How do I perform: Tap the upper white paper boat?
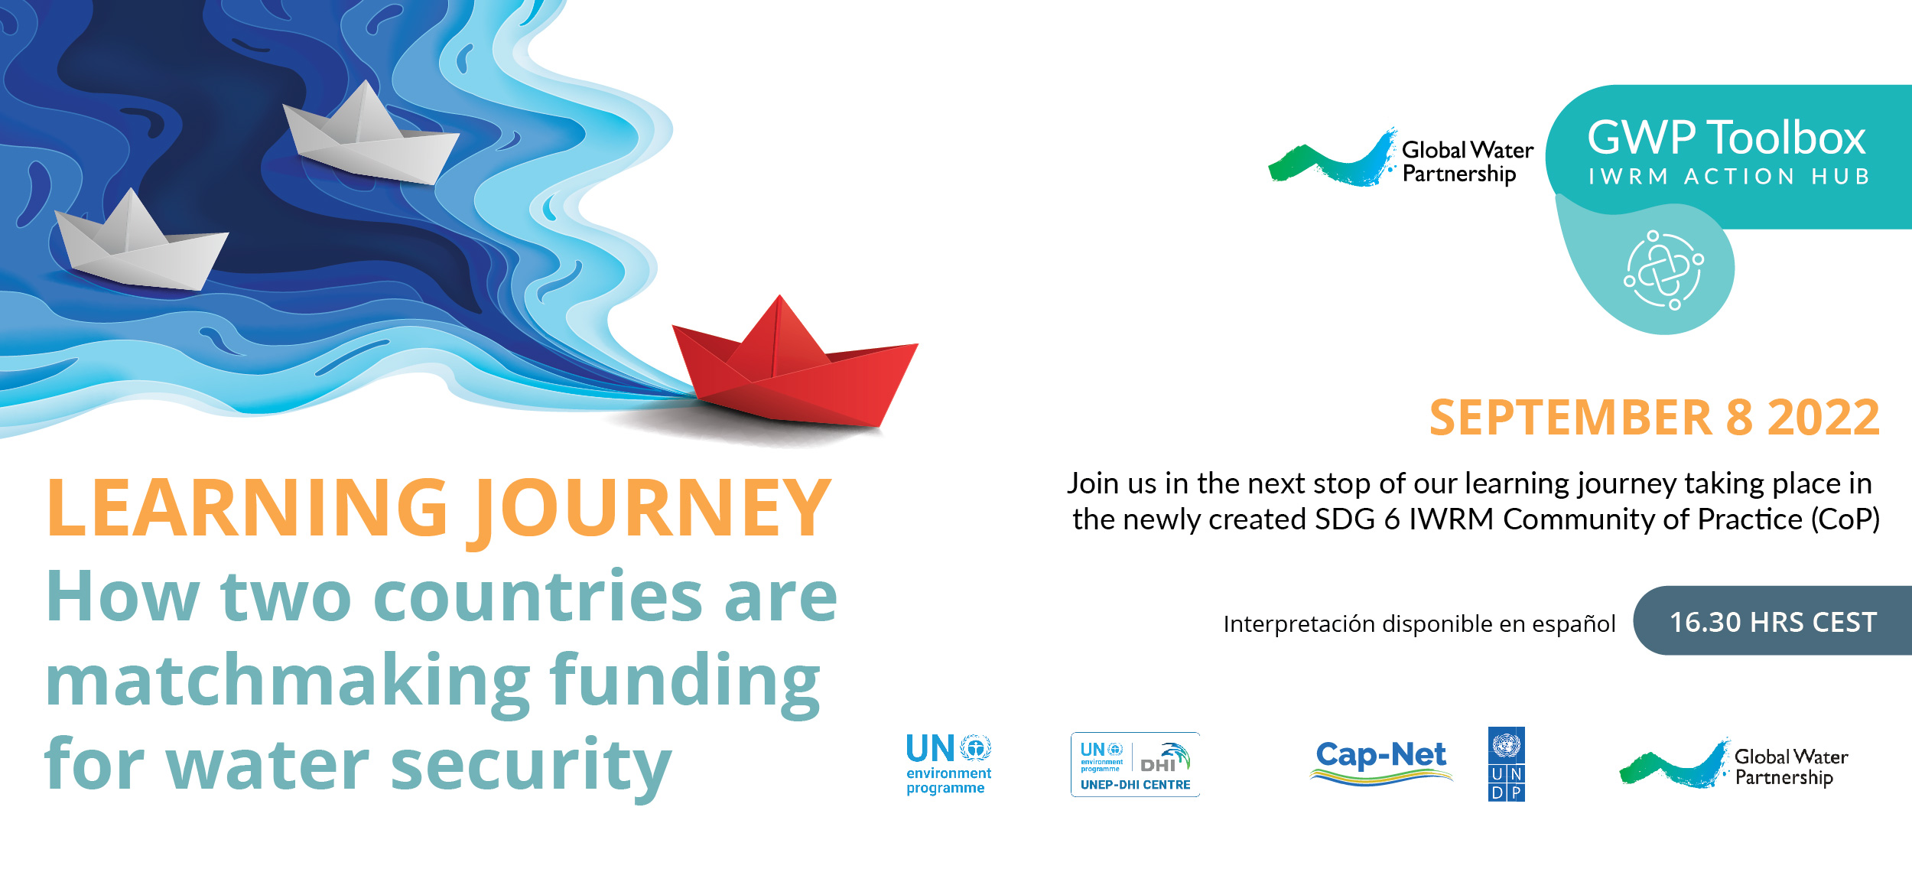pyautogui.click(x=371, y=138)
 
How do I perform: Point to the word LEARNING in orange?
pyautogui.click(x=248, y=506)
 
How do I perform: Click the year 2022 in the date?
pyautogui.click(x=1823, y=418)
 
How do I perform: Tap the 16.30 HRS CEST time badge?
pyautogui.click(x=1773, y=620)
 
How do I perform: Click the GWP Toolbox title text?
pyautogui.click(x=1727, y=138)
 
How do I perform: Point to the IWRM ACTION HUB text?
pyautogui.click(x=1729, y=177)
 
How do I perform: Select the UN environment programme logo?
pyautogui.click(x=948, y=764)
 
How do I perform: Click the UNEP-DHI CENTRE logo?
pyautogui.click(x=1135, y=764)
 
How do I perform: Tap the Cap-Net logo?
pyautogui.click(x=1381, y=762)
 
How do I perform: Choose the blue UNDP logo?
pyautogui.click(x=1507, y=764)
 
